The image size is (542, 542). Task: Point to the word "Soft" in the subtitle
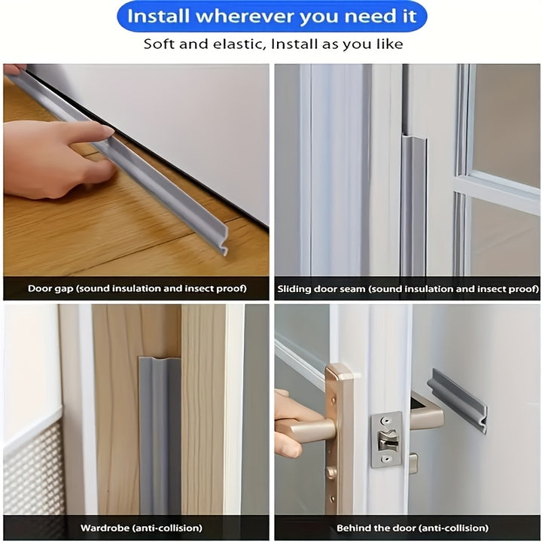[161, 44]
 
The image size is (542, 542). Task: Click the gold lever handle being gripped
[304, 429]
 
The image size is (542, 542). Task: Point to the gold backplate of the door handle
[339, 437]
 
